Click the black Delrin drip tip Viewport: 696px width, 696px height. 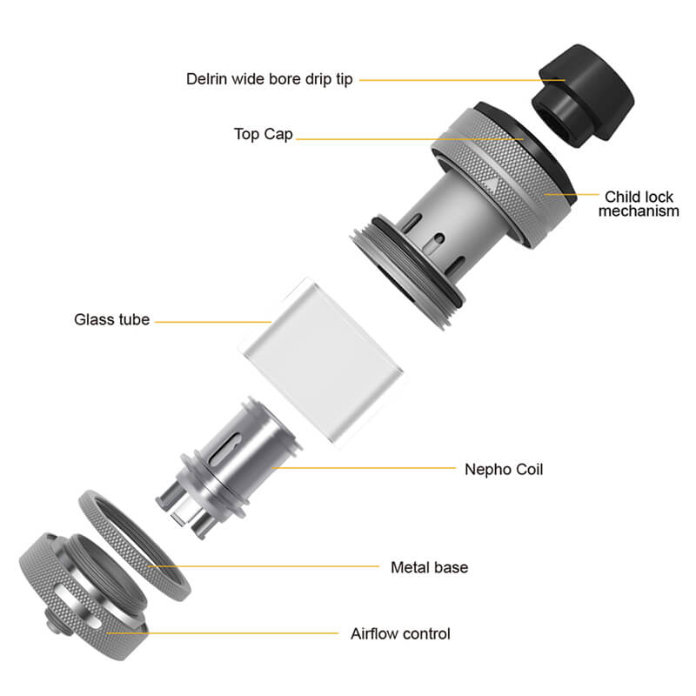pyautogui.click(x=582, y=95)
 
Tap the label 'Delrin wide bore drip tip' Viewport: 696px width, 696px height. pyautogui.click(x=269, y=79)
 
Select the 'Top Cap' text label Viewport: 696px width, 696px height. pyautogui.click(x=264, y=134)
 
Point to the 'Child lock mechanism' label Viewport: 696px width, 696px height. pyautogui.click(x=639, y=204)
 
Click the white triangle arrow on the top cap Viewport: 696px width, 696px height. pyautogui.click(x=491, y=184)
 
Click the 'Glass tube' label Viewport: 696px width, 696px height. pyautogui.click(x=112, y=319)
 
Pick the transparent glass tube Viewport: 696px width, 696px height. pyautogui.click(x=324, y=362)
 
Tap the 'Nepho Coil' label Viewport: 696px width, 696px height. pyautogui.click(x=504, y=469)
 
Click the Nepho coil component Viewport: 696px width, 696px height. pyautogui.click(x=229, y=467)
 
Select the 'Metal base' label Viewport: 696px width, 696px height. pyautogui.click(x=429, y=567)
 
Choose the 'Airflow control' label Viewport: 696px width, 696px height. pyautogui.click(x=400, y=634)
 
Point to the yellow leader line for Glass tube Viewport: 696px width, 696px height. pyautogui.click(x=213, y=321)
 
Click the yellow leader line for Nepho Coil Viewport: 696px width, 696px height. pyautogui.click(x=364, y=468)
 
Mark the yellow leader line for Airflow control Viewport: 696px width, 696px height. pyautogui.click(x=223, y=633)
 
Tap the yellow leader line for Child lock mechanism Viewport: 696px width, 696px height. pyautogui.click(x=572, y=194)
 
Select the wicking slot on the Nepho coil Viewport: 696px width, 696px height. pyautogui.click(x=225, y=449)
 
